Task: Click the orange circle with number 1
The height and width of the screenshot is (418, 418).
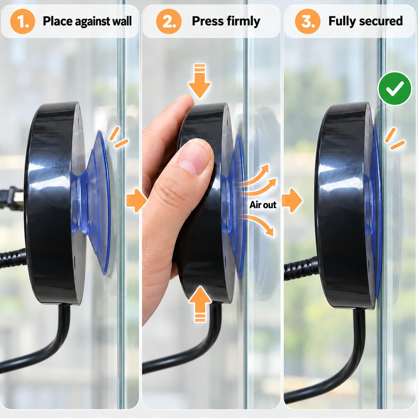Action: coord(23,21)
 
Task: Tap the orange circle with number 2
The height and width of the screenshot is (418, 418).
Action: coord(169,21)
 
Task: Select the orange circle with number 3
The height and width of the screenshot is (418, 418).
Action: coord(308,21)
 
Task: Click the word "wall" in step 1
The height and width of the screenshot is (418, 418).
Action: coord(122,21)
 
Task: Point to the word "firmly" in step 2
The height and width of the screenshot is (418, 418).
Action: coord(243,22)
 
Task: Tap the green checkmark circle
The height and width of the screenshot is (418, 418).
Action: coord(395,89)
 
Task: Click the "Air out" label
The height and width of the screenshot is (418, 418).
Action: coord(263,205)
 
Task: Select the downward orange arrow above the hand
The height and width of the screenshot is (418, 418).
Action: coord(200,80)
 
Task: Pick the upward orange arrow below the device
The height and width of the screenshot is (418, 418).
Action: coord(200,304)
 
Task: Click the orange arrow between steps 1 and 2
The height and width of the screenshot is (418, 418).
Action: coord(136,200)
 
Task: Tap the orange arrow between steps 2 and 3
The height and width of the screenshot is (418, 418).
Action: coord(292,200)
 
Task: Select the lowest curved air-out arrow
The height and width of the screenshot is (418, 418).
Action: coord(258,224)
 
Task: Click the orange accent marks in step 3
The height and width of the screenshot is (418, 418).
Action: coord(395,139)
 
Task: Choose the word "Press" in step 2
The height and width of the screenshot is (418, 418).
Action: coord(207,21)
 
